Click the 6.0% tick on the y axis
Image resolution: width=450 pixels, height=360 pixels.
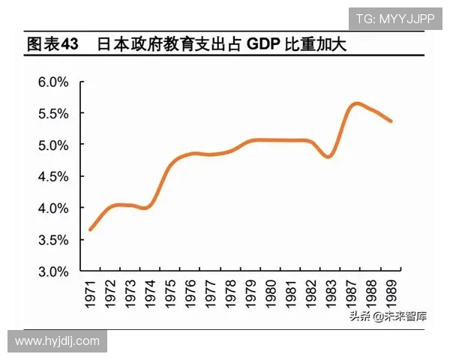pos(53,81)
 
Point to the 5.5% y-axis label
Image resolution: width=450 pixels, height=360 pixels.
pos(53,113)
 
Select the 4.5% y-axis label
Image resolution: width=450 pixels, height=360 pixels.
pos(53,176)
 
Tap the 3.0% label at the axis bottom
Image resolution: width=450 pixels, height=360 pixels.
pos(53,271)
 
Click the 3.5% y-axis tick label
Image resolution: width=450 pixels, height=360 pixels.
pos(53,240)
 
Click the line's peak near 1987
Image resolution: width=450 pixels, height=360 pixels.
pos(356,103)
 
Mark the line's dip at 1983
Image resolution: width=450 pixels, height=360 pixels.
pos(328,156)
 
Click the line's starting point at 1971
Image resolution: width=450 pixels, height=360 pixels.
pos(90,229)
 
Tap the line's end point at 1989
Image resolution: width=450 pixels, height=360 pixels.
pos(391,121)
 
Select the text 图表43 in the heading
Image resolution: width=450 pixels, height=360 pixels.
pos(52,44)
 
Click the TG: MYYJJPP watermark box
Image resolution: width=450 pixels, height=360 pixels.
pos(394,19)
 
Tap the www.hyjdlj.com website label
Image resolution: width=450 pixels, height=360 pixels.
pos(57,341)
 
